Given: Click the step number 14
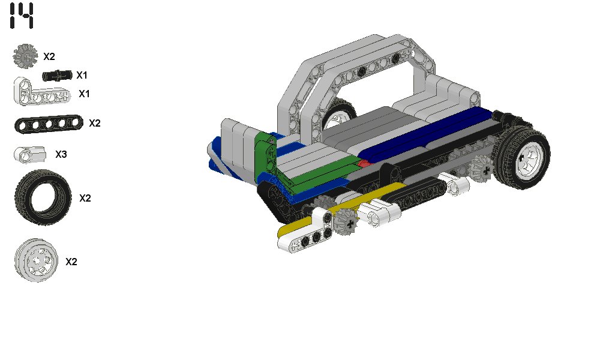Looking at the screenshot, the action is pos(22,16).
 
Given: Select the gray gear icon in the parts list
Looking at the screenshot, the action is pos(25,56).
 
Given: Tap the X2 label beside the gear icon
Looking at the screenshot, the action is pos(49,56).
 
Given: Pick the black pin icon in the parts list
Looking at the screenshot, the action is pos(57,76).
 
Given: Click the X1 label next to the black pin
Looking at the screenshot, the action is pos(82,76).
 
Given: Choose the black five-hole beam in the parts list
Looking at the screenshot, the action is pos(49,124).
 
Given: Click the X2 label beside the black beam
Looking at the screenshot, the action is pos(95,123).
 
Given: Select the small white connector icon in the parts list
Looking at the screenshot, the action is pos(30,155).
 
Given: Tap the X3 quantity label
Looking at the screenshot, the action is pos(61,154).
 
